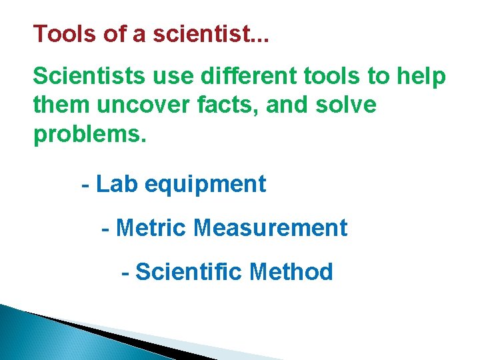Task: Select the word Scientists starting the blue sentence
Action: click(88, 77)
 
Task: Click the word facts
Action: click(225, 105)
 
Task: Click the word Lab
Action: click(117, 184)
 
